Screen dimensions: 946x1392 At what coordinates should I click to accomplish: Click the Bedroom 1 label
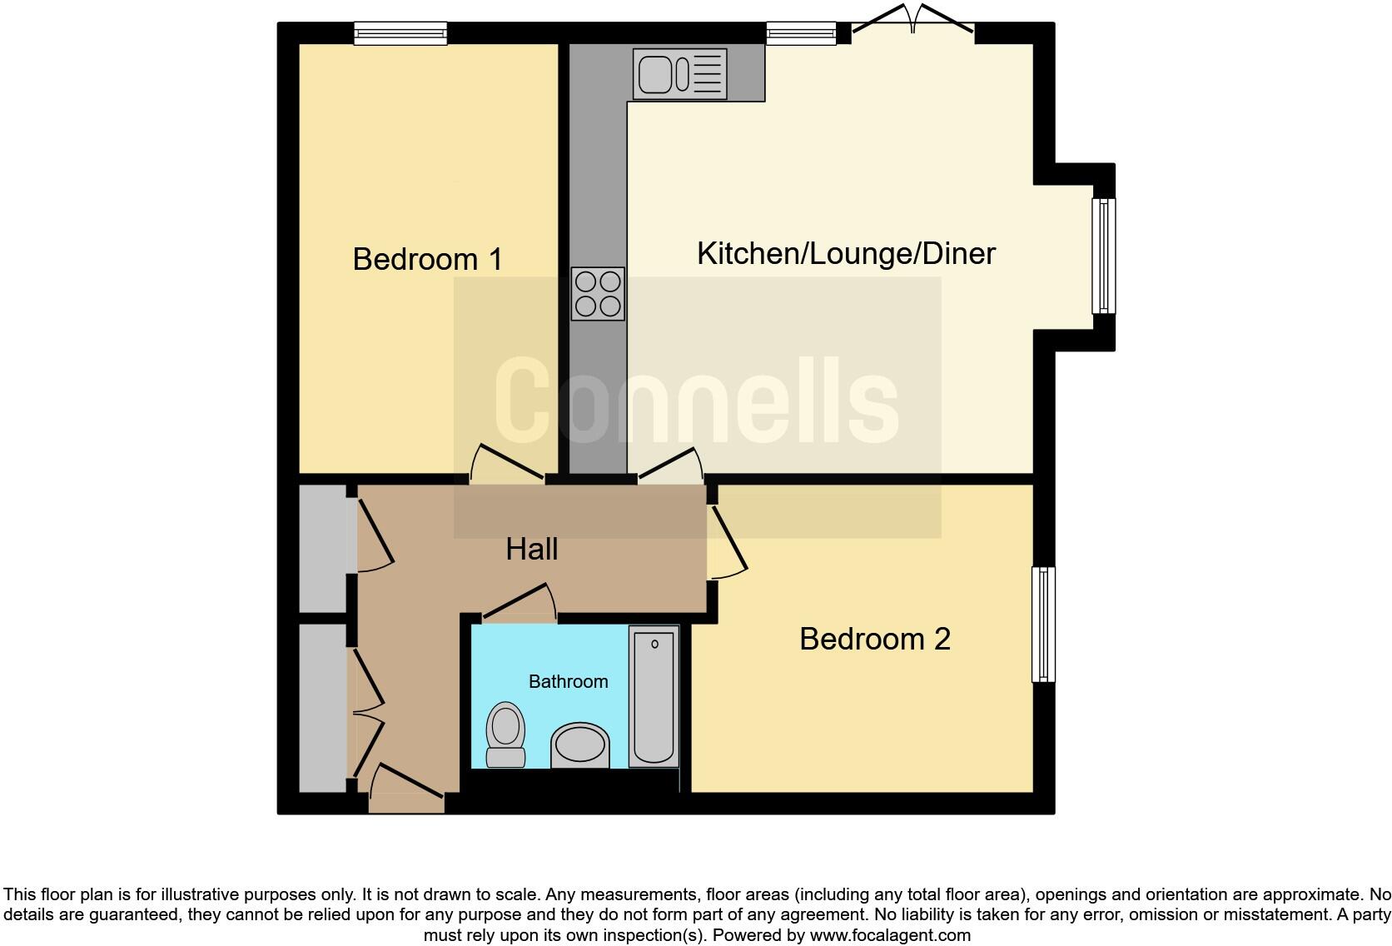point(427,259)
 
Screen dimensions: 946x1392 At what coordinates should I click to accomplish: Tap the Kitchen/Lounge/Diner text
point(845,254)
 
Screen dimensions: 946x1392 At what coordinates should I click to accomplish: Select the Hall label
point(531,550)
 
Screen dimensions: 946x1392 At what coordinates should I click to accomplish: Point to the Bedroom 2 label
point(874,640)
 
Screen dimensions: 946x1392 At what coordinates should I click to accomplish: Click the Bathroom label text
point(568,682)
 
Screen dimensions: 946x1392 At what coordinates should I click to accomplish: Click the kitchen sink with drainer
point(679,74)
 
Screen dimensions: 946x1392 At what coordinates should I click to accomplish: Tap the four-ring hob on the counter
point(598,294)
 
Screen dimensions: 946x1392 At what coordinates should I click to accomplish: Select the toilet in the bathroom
point(505,734)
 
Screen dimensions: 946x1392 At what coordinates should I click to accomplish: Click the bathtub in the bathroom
point(654,698)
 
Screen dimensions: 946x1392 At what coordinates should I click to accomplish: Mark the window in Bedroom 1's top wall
point(400,33)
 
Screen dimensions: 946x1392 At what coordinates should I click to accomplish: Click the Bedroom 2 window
point(1043,624)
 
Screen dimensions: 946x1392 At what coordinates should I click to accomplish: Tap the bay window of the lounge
point(1104,256)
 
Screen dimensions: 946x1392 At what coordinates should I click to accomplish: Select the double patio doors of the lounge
point(913,25)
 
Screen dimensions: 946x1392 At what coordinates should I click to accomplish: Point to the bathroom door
point(520,606)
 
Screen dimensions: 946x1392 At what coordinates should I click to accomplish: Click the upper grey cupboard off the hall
point(323,548)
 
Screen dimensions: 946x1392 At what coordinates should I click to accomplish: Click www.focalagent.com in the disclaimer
point(889,935)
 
